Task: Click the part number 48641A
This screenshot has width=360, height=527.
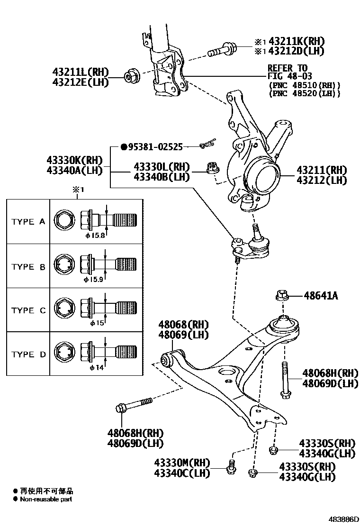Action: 321,296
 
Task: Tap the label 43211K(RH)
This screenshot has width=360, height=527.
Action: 290,41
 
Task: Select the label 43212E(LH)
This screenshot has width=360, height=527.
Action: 81,82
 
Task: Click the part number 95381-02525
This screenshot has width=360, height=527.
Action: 155,147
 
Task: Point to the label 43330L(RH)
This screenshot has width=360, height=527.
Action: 161,167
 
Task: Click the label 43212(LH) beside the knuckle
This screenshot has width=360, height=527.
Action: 322,180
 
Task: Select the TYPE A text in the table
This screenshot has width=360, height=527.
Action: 28,222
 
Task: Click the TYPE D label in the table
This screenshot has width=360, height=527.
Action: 28,354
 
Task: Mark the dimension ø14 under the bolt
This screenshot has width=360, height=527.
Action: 97,367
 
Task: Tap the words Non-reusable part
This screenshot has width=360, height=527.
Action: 46,499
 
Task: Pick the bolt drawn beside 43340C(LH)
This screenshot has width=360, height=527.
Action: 232,466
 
